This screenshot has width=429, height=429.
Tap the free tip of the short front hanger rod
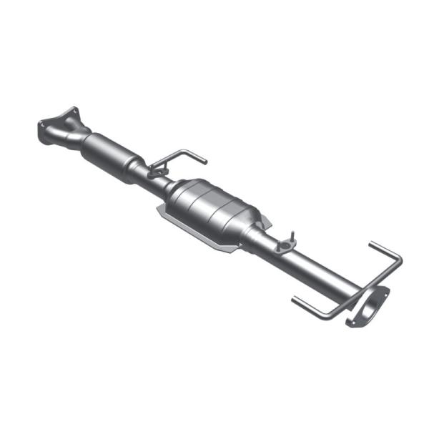pyautogui.click(x=204, y=160)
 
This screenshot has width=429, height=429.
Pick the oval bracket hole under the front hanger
pyautogui.click(x=157, y=172)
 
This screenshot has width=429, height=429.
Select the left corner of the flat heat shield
pyautogui.click(x=159, y=209)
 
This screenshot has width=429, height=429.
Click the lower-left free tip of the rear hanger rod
pyautogui.click(x=294, y=300)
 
